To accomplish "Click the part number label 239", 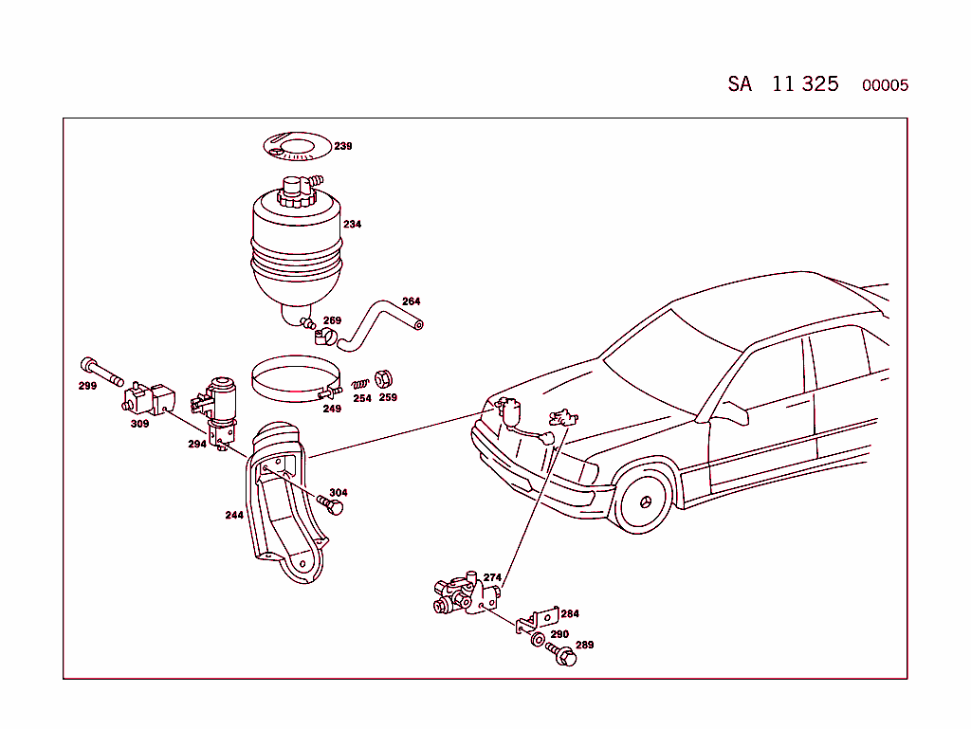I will pos(342,146).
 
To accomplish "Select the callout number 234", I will pos(352,225).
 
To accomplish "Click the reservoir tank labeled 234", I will pos(295,242).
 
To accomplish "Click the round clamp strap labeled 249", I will pos(294,380).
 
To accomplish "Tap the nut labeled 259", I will pos(384,378).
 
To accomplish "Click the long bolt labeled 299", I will pos(101,371).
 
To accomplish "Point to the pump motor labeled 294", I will pos(220,408).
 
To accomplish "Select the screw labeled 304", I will pos(332,506).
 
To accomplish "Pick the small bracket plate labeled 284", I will pos(535,620).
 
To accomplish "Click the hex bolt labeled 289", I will pos(562,654).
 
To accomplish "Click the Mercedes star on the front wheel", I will pos(648,500).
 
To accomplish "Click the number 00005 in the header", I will pos(885,85).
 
